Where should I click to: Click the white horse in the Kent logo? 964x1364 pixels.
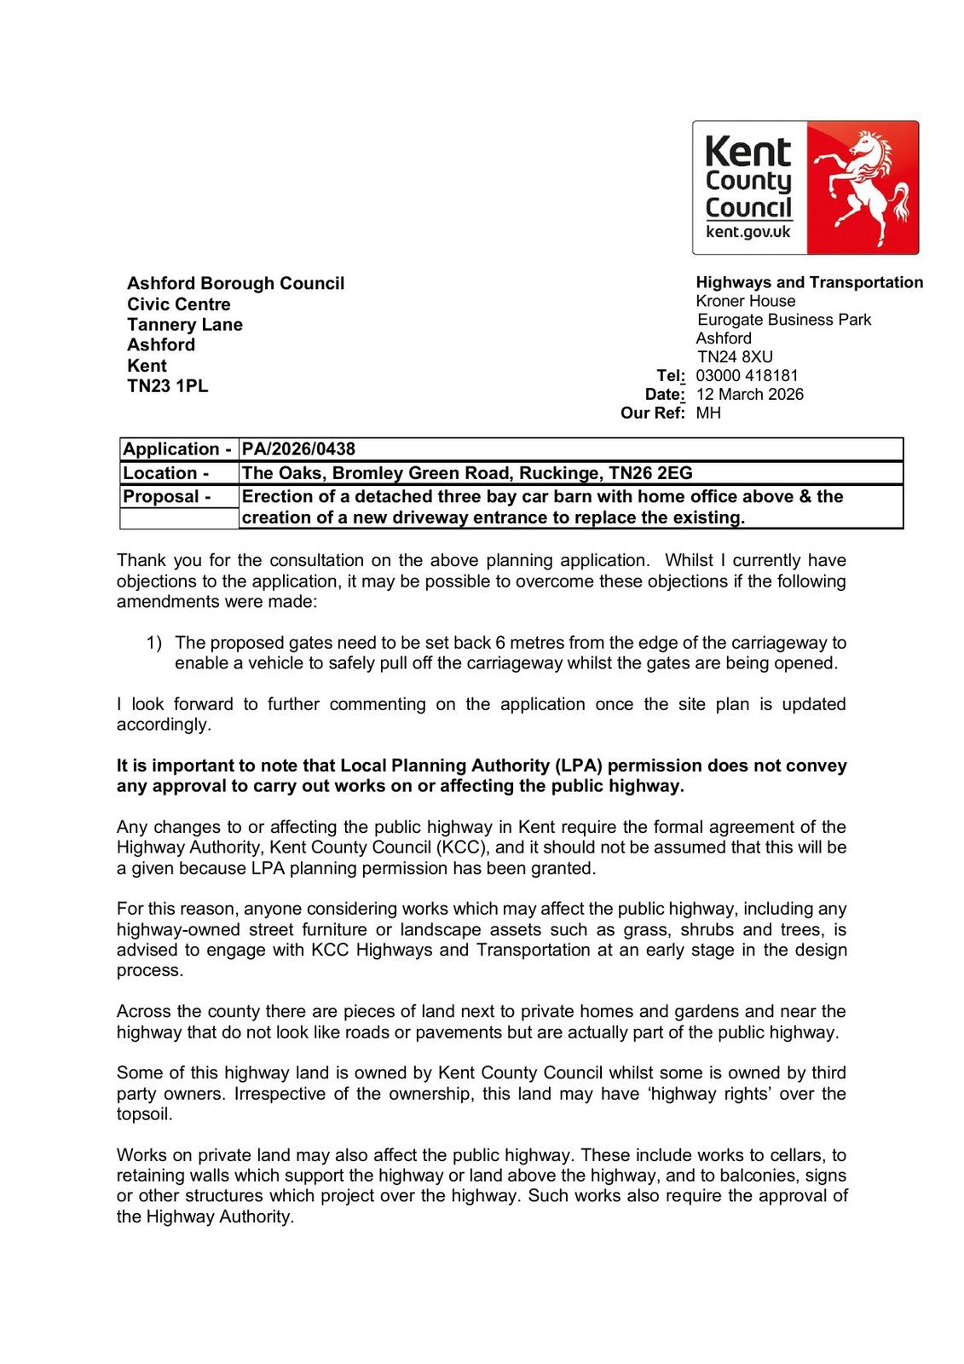861,183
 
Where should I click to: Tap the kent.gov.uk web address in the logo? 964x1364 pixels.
748,232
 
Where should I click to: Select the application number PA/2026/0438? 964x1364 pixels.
298,449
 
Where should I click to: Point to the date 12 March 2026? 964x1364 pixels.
749,394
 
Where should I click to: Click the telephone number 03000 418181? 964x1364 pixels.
747,375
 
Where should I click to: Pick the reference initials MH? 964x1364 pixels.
708,413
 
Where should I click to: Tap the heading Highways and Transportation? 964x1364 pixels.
809,282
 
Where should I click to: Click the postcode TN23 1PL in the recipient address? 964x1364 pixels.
167,385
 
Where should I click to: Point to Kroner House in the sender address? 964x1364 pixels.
745,301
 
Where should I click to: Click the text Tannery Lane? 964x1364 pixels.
185,325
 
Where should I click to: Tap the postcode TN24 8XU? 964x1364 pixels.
735,356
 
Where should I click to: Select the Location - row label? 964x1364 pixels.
165,473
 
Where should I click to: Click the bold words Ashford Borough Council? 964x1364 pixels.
235,283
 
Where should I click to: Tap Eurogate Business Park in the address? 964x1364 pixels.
784,320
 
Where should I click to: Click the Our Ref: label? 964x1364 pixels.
653,413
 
